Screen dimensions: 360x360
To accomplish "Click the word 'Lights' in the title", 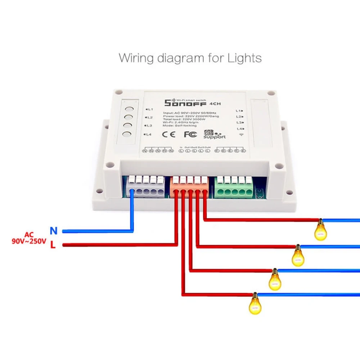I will click(244, 58).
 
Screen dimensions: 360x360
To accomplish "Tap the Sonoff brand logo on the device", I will click(185, 103).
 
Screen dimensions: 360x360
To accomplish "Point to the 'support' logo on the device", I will click(214, 134).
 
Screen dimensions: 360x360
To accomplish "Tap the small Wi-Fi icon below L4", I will click(241, 135).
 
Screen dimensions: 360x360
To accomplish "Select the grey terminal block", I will click(146, 187).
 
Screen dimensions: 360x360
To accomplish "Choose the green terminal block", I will click(233, 187).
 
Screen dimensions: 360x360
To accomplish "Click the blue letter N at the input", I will click(54, 231).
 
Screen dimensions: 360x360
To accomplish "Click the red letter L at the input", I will click(53, 246).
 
